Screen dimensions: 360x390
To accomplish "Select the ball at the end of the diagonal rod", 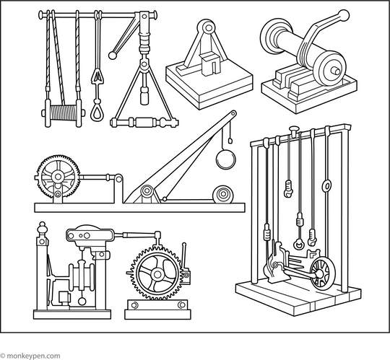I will point(113,54).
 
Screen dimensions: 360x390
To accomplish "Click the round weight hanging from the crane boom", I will point(225,158).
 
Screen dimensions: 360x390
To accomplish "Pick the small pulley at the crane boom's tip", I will point(233,115).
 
